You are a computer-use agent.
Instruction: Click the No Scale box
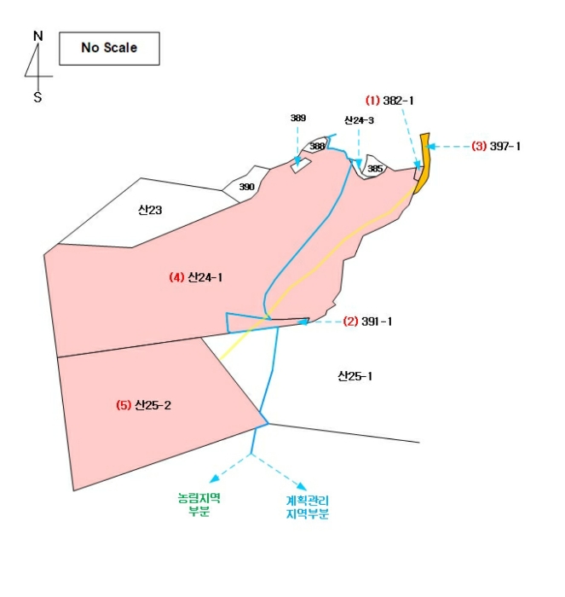[108, 48]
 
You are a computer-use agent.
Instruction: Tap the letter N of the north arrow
[37, 36]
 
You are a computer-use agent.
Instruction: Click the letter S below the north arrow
[37, 97]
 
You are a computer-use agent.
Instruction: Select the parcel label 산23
[150, 209]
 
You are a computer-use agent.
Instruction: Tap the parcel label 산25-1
[355, 376]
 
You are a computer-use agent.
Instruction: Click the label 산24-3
[359, 120]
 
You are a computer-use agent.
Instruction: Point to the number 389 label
[297, 118]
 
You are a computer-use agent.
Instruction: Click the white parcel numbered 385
[374, 169]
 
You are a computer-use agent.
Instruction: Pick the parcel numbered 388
[317, 147]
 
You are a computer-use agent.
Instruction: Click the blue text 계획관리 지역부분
[308, 508]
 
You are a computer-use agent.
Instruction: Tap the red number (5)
[124, 405]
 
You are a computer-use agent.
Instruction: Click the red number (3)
[479, 146]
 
